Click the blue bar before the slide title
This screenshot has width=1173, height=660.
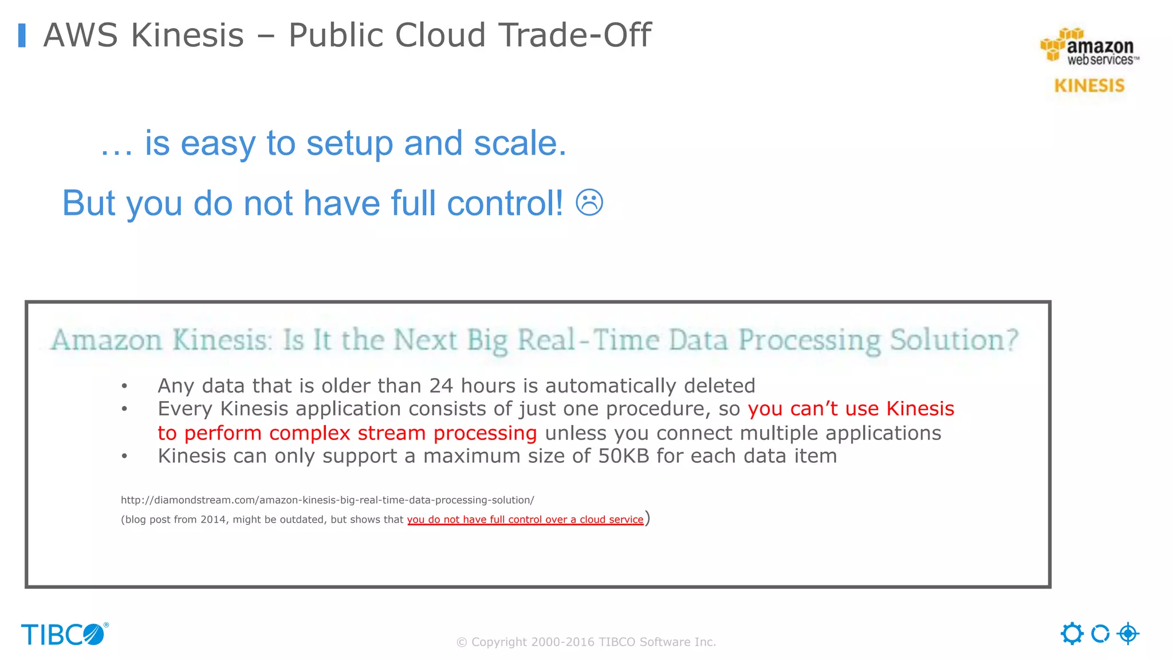tap(22, 35)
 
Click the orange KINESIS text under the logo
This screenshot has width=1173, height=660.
tap(1089, 86)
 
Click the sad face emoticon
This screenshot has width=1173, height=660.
tap(589, 203)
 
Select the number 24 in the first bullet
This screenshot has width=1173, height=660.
tap(441, 386)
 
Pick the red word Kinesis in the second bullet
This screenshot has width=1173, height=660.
tap(920, 409)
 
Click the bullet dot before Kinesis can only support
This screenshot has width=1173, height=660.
tap(124, 457)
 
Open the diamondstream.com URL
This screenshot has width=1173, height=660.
tap(327, 500)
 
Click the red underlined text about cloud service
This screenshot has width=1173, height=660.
tap(525, 520)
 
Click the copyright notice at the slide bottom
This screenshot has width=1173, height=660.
tap(586, 642)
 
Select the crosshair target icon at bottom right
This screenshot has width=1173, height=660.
tap(1128, 634)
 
